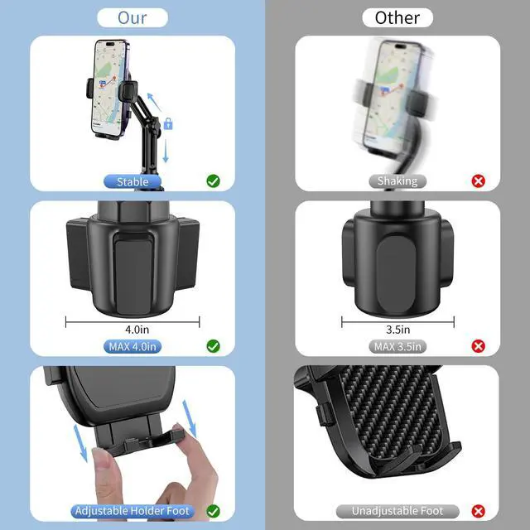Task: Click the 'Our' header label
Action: coord(132,17)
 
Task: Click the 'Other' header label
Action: coord(397,17)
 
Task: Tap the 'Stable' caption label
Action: coord(132,181)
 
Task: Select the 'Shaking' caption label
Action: coord(397,181)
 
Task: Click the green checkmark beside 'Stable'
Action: coord(213,181)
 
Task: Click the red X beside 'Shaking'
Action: coord(478,181)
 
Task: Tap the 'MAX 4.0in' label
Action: coord(132,346)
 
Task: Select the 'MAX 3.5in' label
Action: coord(397,346)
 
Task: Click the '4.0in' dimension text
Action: coord(132,330)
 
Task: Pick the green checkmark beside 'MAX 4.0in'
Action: coord(213,345)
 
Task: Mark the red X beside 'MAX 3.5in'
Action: coord(478,345)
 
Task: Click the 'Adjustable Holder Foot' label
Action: coord(132,511)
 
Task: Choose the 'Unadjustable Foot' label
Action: coord(397,511)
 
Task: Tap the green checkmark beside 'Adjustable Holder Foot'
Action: coord(213,511)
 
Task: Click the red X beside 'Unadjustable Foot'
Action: coord(478,511)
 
